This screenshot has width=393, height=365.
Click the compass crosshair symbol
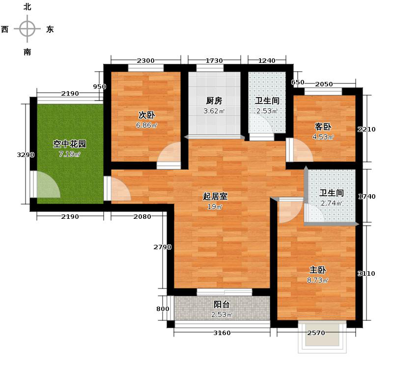(x=27, y=29)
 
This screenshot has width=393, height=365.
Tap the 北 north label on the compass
(x=27, y=7)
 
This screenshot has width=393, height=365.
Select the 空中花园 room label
(x=70, y=144)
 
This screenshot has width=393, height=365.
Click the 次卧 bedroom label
(x=146, y=115)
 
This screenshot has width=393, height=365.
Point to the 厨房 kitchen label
(x=214, y=101)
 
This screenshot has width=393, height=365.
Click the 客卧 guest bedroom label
(x=323, y=126)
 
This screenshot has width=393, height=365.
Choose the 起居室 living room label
(x=215, y=196)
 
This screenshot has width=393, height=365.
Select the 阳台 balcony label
(x=222, y=304)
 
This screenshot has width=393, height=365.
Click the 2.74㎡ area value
(x=330, y=203)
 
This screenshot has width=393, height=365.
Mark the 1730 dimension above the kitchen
(x=214, y=60)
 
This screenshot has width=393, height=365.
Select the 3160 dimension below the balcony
(x=222, y=333)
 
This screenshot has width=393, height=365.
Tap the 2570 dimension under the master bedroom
(x=316, y=333)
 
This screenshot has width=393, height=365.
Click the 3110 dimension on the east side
(x=366, y=273)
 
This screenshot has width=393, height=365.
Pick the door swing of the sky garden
(x=48, y=185)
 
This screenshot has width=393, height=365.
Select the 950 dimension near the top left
(x=100, y=86)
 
